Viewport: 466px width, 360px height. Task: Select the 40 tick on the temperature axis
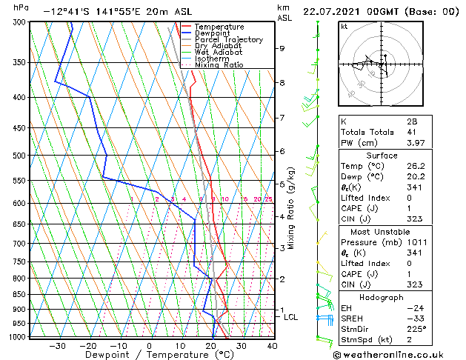pyautogui.click(x=272, y=345)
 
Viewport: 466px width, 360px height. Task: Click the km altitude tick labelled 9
pyautogui.click(x=282, y=49)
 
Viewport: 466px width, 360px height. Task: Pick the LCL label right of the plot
pyautogui.click(x=290, y=317)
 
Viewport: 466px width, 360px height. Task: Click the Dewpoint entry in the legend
pyautogui.click(x=212, y=33)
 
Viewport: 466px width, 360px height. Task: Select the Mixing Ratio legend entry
pyautogui.click(x=219, y=65)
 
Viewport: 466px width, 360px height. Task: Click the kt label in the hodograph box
pyautogui.click(x=344, y=26)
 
